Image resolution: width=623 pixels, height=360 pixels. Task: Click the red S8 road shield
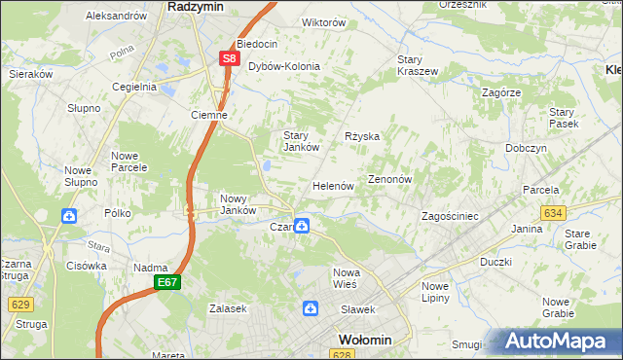tap(229, 58)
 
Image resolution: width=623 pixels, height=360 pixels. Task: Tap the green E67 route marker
tap(166, 282)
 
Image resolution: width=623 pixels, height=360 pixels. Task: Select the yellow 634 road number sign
tap(554, 212)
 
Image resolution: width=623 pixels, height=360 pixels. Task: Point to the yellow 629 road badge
tap(21, 305)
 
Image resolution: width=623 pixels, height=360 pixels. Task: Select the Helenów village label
tap(332, 185)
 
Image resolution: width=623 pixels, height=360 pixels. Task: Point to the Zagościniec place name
tap(449, 216)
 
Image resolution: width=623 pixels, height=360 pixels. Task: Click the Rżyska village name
tap(362, 136)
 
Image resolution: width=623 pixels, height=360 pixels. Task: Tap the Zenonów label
tap(391, 180)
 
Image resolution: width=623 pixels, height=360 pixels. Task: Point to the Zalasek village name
tap(228, 307)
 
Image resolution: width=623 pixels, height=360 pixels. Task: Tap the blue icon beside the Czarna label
tap(303, 227)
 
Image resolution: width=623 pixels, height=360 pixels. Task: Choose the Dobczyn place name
tap(526, 148)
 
